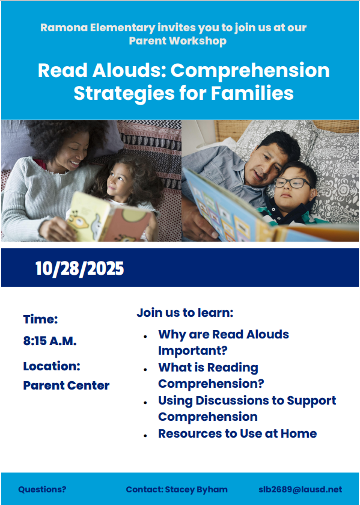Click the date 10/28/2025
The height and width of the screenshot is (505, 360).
coord(79,268)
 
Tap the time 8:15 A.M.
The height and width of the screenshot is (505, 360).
coord(50,341)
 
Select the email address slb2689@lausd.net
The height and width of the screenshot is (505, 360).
coord(300,489)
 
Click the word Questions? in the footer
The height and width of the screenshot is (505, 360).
coord(42,489)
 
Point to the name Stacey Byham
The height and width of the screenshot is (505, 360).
coord(196,489)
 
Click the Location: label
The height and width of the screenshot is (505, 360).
coord(52,366)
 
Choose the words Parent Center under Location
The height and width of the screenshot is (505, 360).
coord(66,385)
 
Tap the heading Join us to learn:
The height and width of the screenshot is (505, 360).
coord(185,313)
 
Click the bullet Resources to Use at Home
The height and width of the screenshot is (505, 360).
coord(237,433)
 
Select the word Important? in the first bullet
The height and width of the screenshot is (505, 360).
coord(192,350)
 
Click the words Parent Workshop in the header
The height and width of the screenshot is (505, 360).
coord(178,41)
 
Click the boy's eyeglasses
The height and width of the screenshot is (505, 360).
coord(293,183)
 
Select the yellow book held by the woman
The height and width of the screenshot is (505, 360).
coord(109,218)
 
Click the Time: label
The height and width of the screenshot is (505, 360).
coord(40,319)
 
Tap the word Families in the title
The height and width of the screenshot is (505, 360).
coord(252,93)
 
